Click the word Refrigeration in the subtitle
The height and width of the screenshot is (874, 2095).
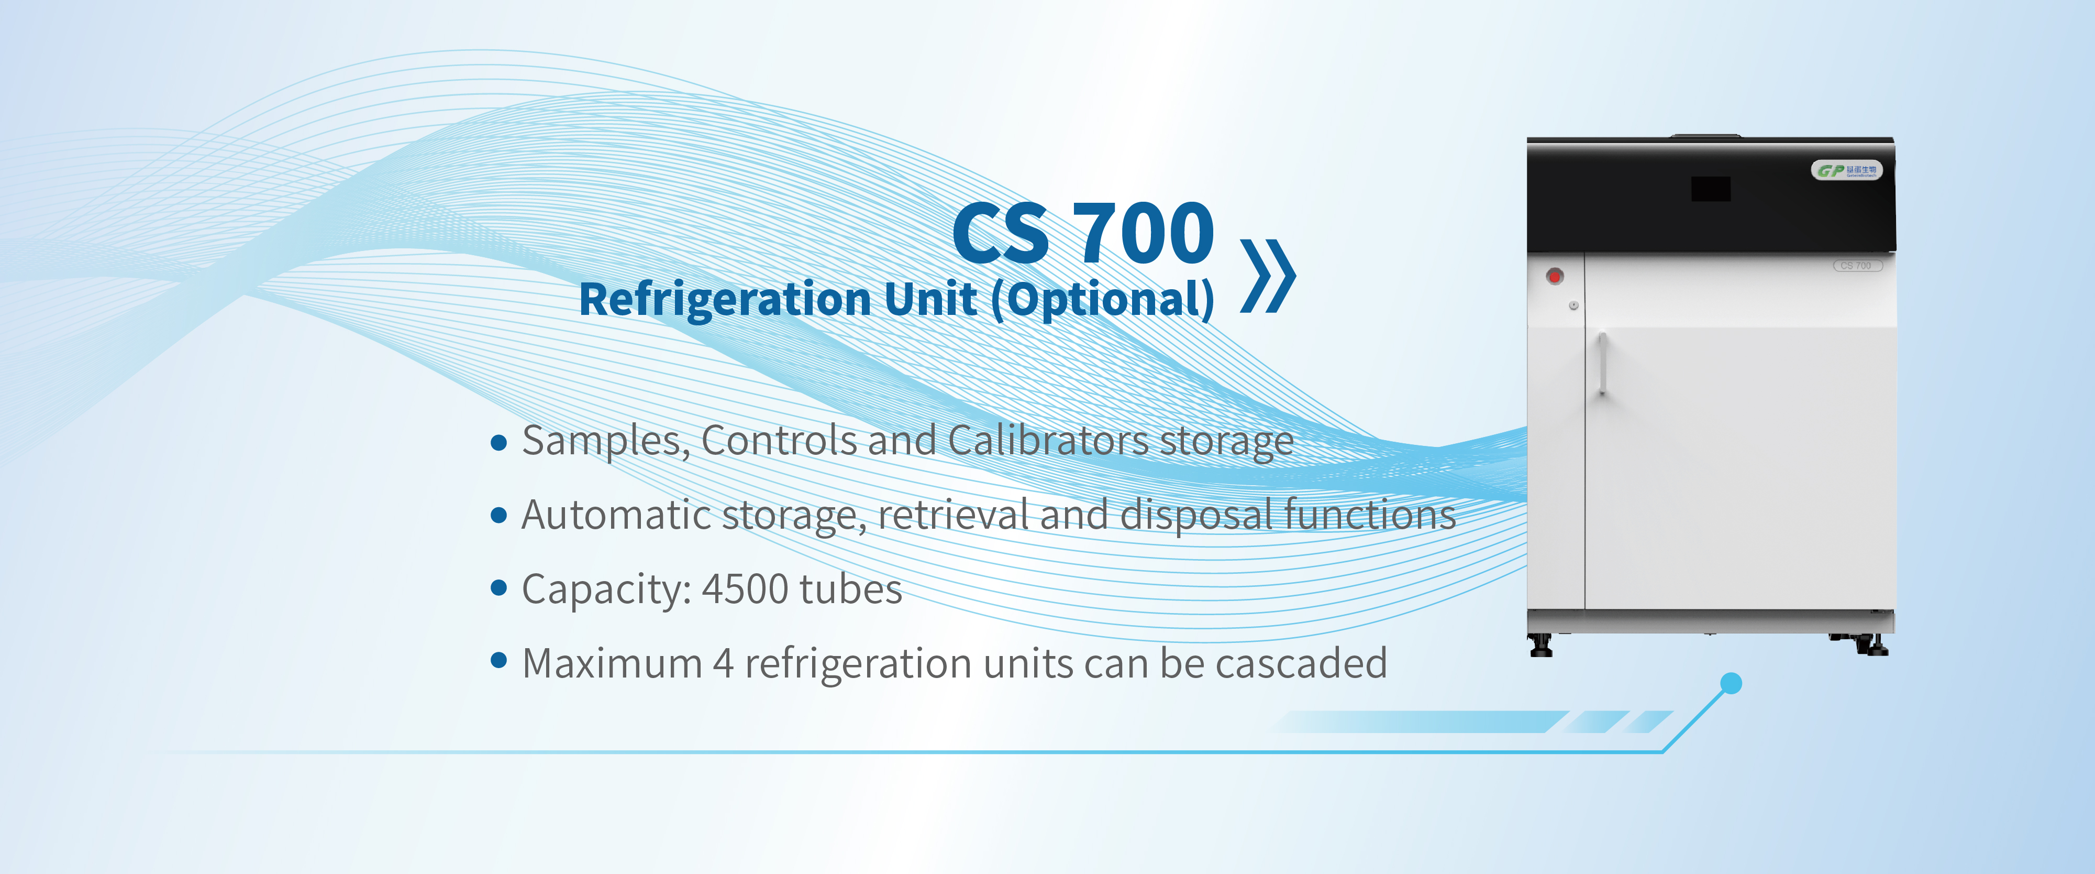725,300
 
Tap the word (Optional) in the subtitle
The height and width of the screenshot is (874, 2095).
1103,300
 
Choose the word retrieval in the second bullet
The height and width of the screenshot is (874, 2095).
953,515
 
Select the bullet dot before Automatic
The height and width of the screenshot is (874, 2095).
500,515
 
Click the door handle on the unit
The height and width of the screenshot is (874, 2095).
1601,363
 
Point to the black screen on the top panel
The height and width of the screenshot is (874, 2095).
1710,189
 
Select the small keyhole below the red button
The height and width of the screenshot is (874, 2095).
1573,305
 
